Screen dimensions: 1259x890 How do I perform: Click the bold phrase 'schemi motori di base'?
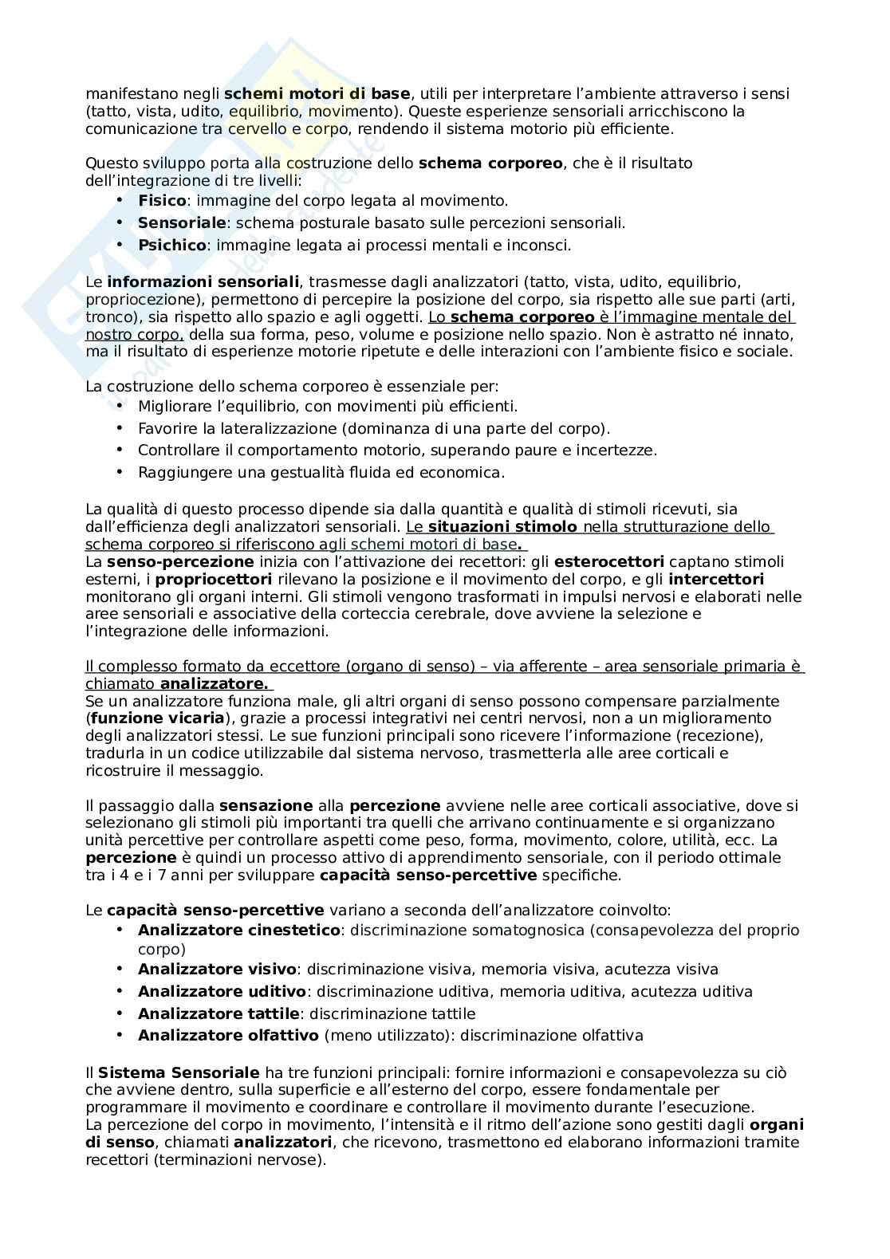pyautogui.click(x=317, y=94)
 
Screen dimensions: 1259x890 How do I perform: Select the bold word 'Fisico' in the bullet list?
pyautogui.click(x=162, y=201)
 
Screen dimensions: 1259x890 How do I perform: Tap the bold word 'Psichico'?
pyautogui.click(x=171, y=246)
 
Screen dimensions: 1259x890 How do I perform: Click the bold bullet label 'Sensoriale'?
pyautogui.click(x=182, y=223)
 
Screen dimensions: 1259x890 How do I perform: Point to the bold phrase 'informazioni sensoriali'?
pyautogui.click(x=203, y=282)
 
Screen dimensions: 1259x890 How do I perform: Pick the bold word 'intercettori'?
pyautogui.click(x=715, y=580)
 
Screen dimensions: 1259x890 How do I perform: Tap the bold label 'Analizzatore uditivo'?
pyautogui.click(x=222, y=992)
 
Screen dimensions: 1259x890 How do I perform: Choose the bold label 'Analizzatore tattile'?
pyautogui.click(x=219, y=1014)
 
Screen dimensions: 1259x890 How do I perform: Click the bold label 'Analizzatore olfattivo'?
pyautogui.click(x=228, y=1036)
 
